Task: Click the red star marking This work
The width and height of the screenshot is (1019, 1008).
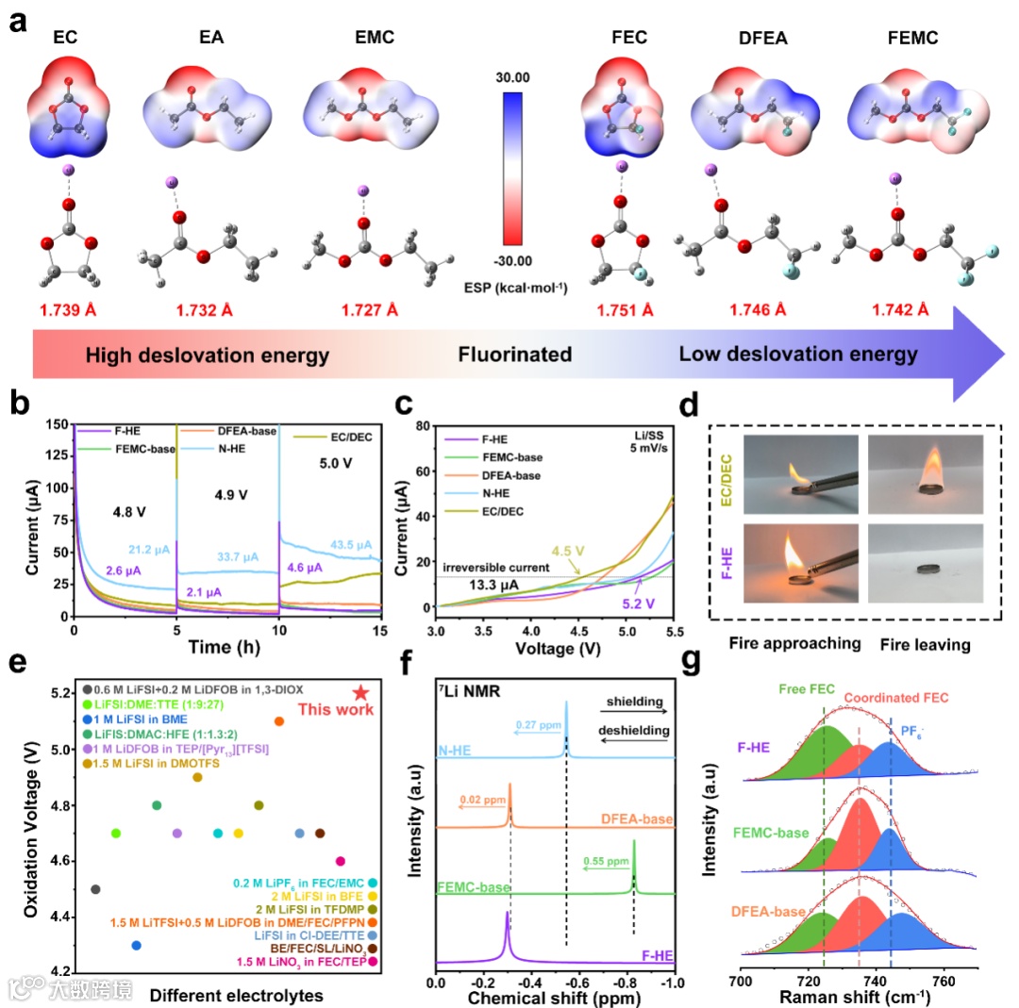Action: (x=359, y=692)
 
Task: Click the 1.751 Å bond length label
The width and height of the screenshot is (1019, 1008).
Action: (x=627, y=309)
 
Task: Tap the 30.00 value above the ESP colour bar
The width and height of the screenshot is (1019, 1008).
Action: (x=511, y=78)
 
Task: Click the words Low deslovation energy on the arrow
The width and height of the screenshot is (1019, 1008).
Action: (x=797, y=355)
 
